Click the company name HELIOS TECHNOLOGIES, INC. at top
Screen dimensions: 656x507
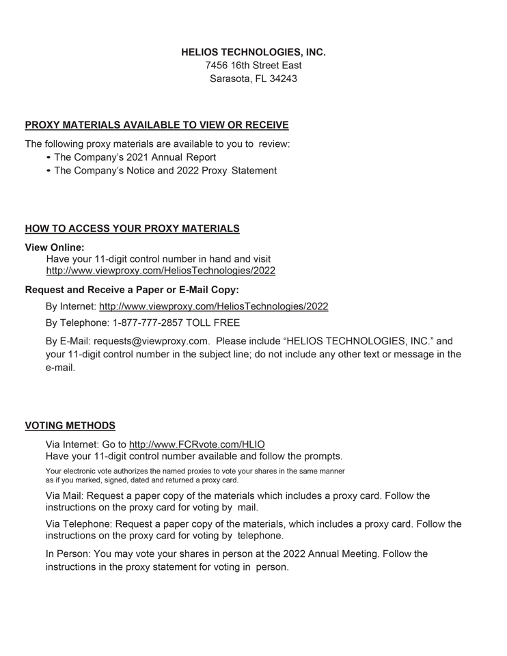pyautogui.click(x=253, y=52)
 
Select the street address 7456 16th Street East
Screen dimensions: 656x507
pyautogui.click(x=253, y=66)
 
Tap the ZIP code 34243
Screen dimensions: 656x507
pyautogui.click(x=283, y=79)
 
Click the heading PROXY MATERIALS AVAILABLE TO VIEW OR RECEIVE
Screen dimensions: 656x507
pyautogui.click(x=156, y=125)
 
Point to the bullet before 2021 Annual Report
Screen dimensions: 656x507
pyautogui.click(x=49, y=158)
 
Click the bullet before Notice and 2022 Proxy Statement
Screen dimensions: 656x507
pyautogui.click(x=49, y=171)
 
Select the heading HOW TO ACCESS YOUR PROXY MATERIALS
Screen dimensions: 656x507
pyautogui.click(x=132, y=228)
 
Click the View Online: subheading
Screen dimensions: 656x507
pyautogui.click(x=55, y=247)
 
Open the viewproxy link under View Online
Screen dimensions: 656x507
pyautogui.click(x=161, y=271)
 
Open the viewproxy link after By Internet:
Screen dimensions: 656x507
pyautogui.click(x=213, y=306)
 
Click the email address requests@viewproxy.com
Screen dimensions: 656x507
pyautogui.click(x=151, y=341)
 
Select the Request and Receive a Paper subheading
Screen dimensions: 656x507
pyautogui.click(x=132, y=290)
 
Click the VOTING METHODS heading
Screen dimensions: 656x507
pyautogui.click(x=70, y=426)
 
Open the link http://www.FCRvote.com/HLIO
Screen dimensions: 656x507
pyautogui.click(x=197, y=445)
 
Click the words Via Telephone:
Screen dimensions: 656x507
pyautogui.click(x=79, y=524)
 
